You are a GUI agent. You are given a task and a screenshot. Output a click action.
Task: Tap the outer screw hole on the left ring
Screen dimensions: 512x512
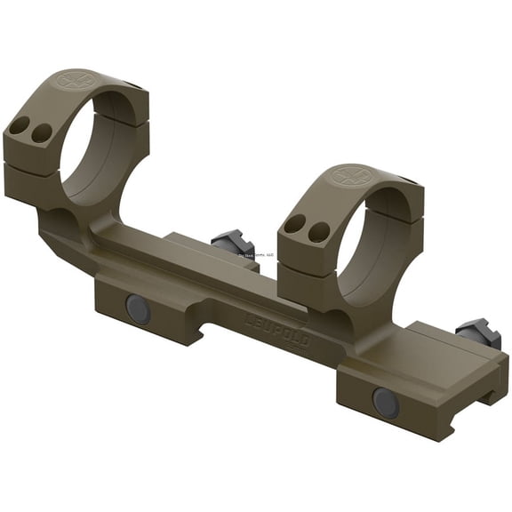click(x=20, y=125)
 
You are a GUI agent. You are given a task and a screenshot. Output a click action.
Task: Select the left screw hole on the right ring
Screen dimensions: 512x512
click(x=294, y=223)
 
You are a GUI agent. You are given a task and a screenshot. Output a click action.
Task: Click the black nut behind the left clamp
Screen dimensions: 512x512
click(x=233, y=245)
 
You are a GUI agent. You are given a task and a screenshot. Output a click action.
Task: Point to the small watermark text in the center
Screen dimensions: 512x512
click(x=258, y=254)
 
